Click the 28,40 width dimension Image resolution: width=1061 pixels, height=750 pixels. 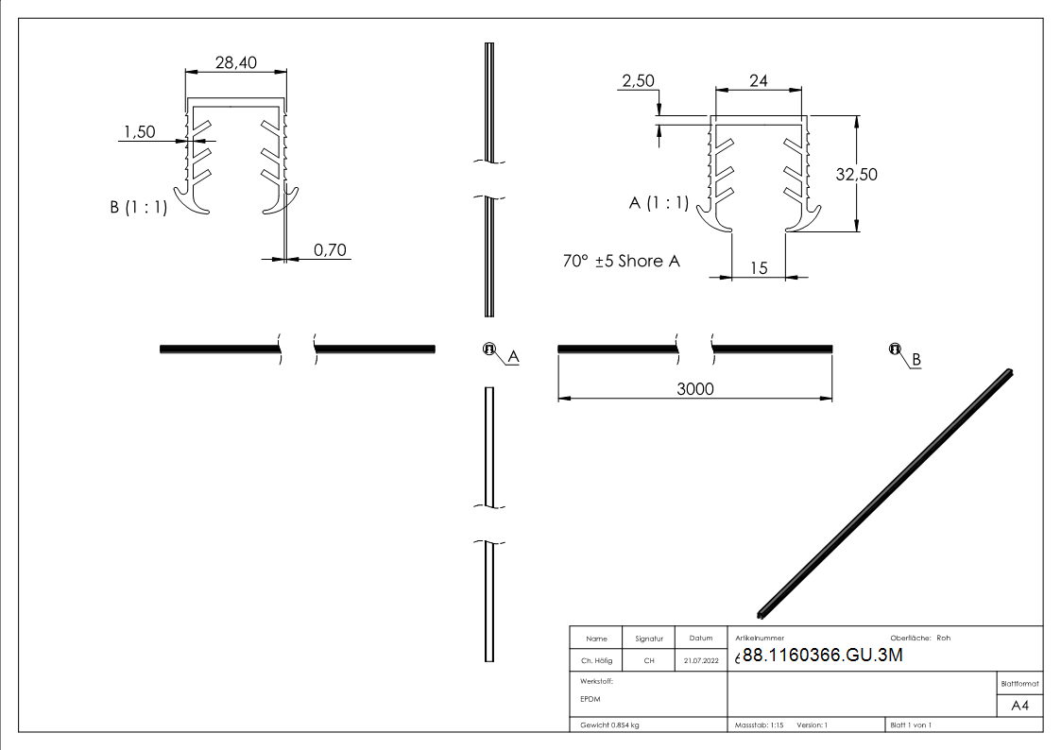click(x=234, y=62)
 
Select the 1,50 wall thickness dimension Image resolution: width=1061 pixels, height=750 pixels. click(x=140, y=132)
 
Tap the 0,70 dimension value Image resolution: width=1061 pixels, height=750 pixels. click(x=330, y=249)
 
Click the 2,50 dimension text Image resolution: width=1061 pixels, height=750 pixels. click(x=638, y=82)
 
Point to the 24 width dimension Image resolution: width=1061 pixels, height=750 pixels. click(x=758, y=81)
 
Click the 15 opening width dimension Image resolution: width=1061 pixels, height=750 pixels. click(x=758, y=268)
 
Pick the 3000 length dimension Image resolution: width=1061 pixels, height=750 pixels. click(x=695, y=389)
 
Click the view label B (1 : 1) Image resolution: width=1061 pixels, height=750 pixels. click(x=138, y=208)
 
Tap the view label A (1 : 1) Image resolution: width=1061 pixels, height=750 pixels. click(x=659, y=203)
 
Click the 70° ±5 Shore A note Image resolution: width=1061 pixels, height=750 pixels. click(x=621, y=261)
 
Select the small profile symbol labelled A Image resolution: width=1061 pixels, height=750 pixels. click(x=488, y=349)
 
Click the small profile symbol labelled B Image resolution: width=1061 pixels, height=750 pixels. click(x=894, y=349)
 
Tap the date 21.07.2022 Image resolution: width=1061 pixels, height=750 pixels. click(x=700, y=661)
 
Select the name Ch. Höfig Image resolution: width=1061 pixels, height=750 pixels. click(x=596, y=661)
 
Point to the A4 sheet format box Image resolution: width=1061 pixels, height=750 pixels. click(x=1019, y=705)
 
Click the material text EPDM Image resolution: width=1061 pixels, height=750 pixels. click(x=590, y=699)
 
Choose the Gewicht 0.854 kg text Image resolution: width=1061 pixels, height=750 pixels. click(x=609, y=725)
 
